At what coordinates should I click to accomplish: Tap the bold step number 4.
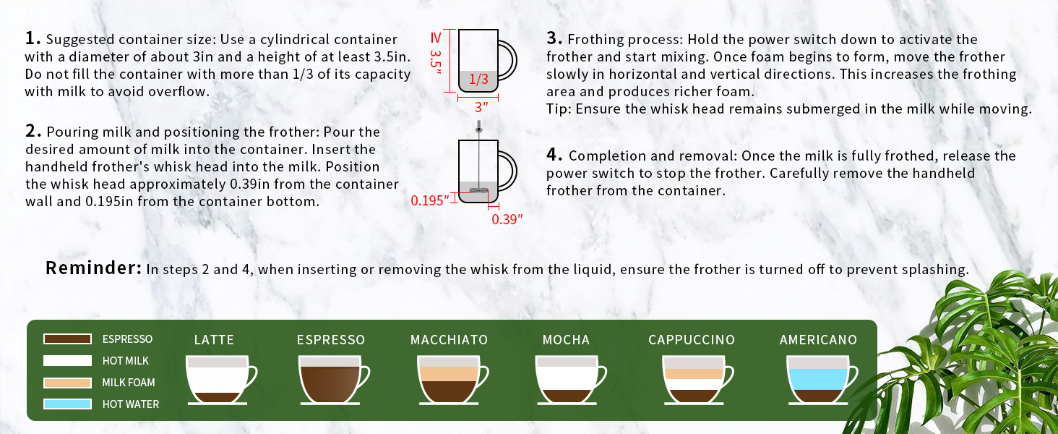coord(554,155)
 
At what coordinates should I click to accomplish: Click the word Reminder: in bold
coord(93,268)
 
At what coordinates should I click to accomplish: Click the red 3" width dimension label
coord(481,108)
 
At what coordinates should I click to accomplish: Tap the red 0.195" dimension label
coord(431,200)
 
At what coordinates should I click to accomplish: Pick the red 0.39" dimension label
coord(506,219)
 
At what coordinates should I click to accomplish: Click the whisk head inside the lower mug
coord(478,191)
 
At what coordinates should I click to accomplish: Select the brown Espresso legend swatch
coord(67,339)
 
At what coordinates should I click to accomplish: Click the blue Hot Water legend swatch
coord(67,404)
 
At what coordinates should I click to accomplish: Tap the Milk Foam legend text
coord(128,382)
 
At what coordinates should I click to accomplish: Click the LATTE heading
coord(214,340)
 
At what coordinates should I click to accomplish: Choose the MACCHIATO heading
coord(449,340)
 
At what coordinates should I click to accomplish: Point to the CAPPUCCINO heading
coord(691,340)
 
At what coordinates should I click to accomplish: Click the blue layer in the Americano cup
coord(817,379)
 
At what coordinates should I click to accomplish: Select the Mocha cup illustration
coord(566,380)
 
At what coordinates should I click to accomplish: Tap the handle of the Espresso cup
coord(364,376)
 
